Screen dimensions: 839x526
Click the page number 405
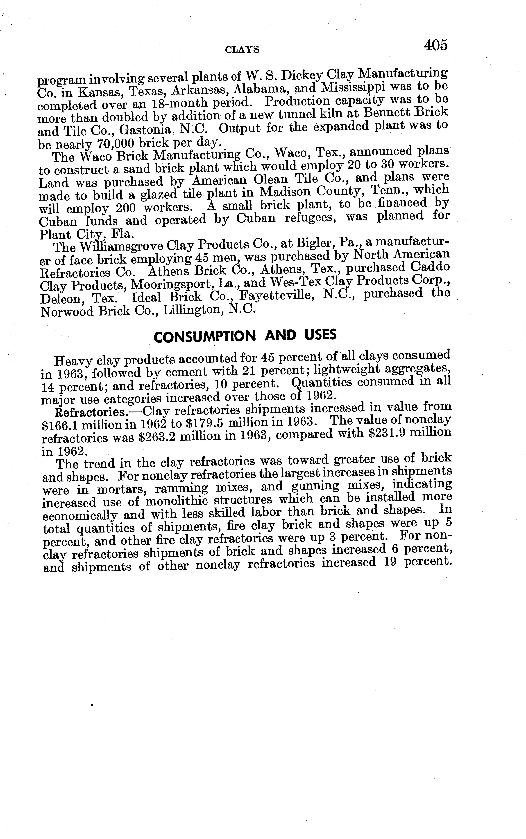435,45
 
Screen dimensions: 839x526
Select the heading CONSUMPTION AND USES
245,336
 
